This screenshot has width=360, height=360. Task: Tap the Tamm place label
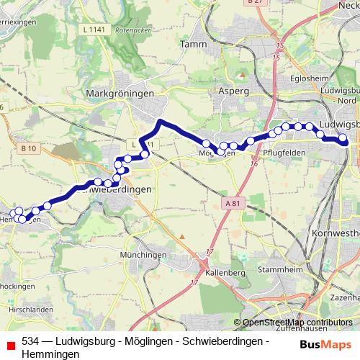(196, 45)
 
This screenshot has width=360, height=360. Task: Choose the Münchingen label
(144, 256)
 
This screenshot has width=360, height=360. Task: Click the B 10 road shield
(29, 148)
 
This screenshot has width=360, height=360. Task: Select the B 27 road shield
(253, 3)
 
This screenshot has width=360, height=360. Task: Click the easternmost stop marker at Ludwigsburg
(343, 138)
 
